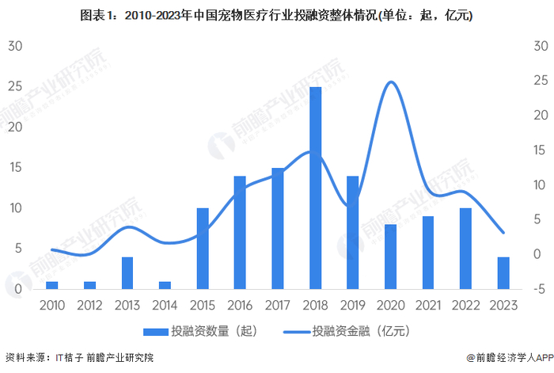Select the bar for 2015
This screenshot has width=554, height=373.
pyautogui.click(x=203, y=249)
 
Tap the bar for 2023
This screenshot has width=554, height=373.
pyautogui.click(x=503, y=272)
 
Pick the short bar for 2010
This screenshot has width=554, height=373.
pyautogui.click(x=52, y=285)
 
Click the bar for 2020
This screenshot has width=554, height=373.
pyautogui.click(x=390, y=257)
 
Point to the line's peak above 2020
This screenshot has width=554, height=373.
pyautogui.click(x=390, y=82)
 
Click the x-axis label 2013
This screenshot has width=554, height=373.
pyautogui.click(x=127, y=305)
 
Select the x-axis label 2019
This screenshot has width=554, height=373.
pyautogui.click(x=353, y=305)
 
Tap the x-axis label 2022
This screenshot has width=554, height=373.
pyautogui.click(x=465, y=305)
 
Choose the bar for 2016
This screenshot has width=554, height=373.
pyautogui.click(x=240, y=233)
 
